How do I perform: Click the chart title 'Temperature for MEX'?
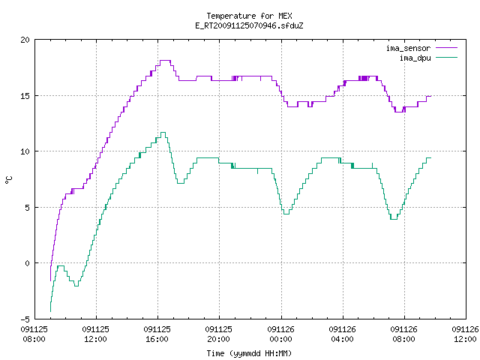tap(249, 16)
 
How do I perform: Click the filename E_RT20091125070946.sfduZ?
tap(249, 25)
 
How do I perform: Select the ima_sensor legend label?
tap(408, 48)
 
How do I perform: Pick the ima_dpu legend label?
tap(415, 58)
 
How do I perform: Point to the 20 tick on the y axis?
tap(25, 40)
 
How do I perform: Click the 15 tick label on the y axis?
tap(25, 96)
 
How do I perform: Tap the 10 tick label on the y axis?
tap(25, 151)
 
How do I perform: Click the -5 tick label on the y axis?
tap(25, 319)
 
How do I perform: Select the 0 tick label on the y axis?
tap(27, 263)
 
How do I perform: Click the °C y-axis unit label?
tap(8, 180)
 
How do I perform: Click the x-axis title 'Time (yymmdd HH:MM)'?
tap(249, 353)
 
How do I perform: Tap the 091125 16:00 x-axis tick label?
tap(157, 334)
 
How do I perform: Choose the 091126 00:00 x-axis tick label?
tap(280, 334)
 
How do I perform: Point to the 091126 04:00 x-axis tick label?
tap(342, 334)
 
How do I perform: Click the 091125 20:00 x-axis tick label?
tap(218, 334)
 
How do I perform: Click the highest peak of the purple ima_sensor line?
tap(165, 61)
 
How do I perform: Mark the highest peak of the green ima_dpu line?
tap(163, 133)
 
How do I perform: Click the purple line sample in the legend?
tap(446, 48)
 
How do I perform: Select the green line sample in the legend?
tap(446, 57)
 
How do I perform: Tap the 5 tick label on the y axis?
tap(27, 208)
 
